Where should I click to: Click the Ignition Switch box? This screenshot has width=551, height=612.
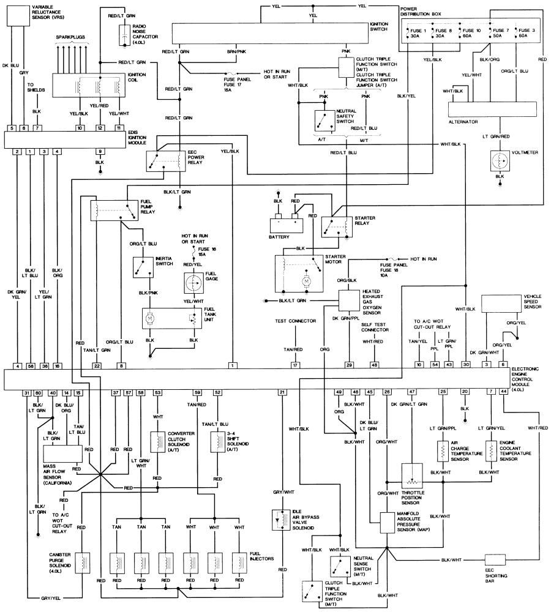(271, 33)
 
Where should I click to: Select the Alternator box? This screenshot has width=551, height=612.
(492, 110)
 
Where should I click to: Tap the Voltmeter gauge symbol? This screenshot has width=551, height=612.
(500, 161)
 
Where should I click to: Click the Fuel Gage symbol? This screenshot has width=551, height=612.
(193, 283)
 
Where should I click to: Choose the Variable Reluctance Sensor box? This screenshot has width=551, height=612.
(18, 16)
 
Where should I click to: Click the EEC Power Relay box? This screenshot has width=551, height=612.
(165, 161)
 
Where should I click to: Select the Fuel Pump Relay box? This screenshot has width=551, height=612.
(114, 211)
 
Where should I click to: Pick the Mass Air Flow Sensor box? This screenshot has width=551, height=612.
(63, 453)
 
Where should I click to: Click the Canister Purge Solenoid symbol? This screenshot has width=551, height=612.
(82, 563)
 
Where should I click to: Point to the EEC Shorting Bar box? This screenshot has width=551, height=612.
(495, 560)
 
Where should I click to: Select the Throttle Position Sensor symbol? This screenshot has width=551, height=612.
(412, 476)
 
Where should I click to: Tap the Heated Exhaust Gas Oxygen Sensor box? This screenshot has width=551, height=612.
(349, 300)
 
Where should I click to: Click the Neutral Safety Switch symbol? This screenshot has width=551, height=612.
(324, 121)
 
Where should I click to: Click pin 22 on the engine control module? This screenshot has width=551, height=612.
(97, 366)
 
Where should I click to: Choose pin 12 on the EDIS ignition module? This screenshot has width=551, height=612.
(100, 128)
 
